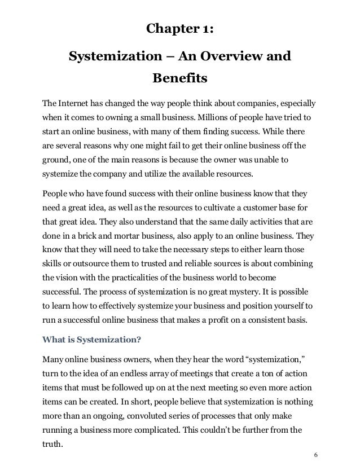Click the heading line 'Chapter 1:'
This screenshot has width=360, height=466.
pyautogui.click(x=180, y=29)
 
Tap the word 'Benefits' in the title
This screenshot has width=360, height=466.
pyautogui.click(x=180, y=76)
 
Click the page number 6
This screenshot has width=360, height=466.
pyautogui.click(x=315, y=456)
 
